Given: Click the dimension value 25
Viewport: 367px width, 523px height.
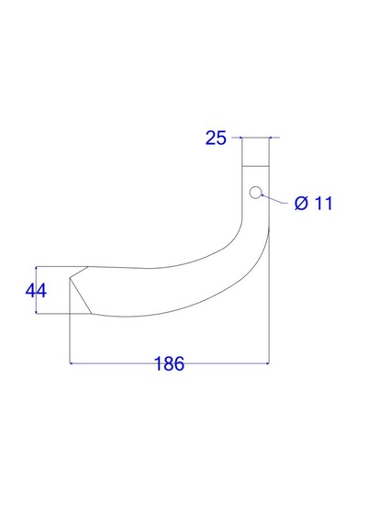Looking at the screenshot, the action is click(216, 138).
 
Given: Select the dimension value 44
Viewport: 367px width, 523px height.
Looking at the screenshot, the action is click(36, 291).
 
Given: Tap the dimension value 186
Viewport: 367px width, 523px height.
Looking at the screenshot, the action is click(169, 363).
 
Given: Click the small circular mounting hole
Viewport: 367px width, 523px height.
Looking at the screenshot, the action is click(256, 193).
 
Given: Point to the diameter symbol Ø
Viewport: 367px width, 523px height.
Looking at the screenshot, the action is click(301, 203).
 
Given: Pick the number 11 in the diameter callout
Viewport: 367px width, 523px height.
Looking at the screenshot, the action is click(324, 204).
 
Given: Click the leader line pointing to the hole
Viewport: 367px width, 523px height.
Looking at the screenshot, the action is click(273, 198).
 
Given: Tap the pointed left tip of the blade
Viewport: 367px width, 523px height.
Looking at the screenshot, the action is click(70, 278).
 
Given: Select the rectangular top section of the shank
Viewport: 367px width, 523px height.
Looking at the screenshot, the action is click(255, 151).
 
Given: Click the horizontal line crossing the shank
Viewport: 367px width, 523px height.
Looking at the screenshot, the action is click(255, 166).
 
